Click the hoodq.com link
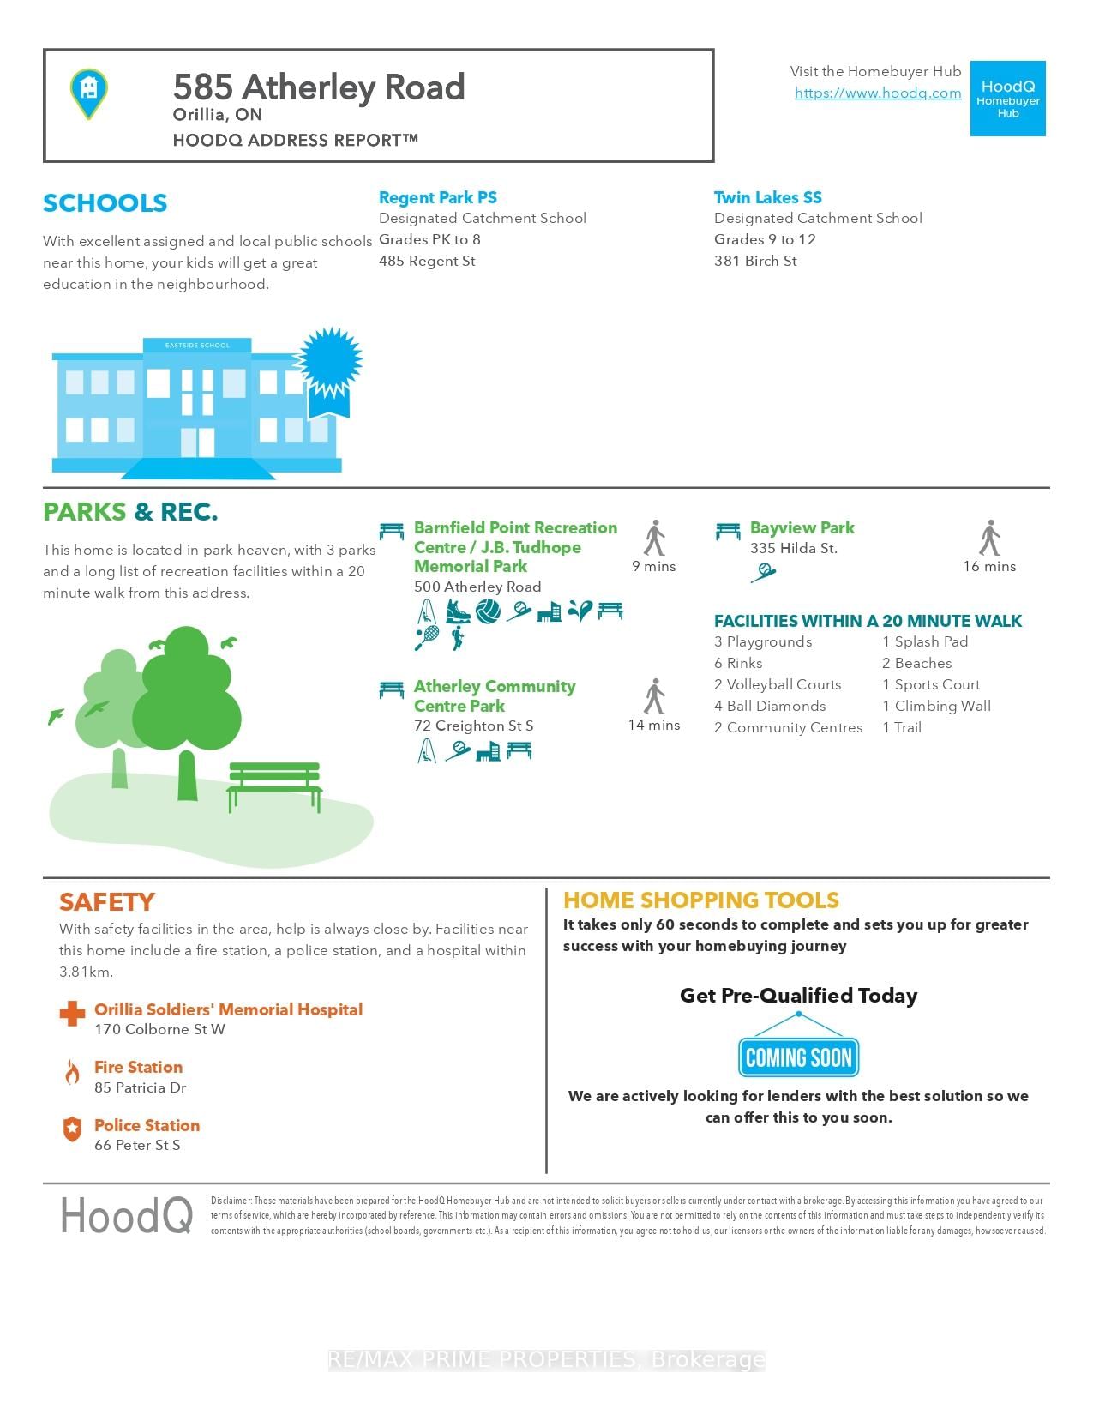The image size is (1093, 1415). (878, 93)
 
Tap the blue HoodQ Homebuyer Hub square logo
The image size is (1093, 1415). (1007, 99)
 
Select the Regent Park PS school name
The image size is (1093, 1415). (437, 197)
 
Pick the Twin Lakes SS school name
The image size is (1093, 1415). (767, 197)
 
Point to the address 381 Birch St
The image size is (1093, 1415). (755, 261)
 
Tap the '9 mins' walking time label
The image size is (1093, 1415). (653, 566)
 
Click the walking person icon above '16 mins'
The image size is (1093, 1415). (989, 538)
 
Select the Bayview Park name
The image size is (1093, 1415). (802, 527)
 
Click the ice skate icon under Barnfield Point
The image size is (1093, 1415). (458, 611)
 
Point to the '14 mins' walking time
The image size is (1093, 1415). (653, 725)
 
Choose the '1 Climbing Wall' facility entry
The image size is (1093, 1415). (936, 706)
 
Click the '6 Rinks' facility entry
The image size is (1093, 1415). (738, 663)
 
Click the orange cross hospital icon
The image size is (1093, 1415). (72, 1014)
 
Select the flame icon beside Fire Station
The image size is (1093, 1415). (72, 1072)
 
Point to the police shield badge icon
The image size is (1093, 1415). (72, 1129)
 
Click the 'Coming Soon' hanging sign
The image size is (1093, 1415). (798, 1057)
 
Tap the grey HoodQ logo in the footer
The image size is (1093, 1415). (126, 1215)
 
